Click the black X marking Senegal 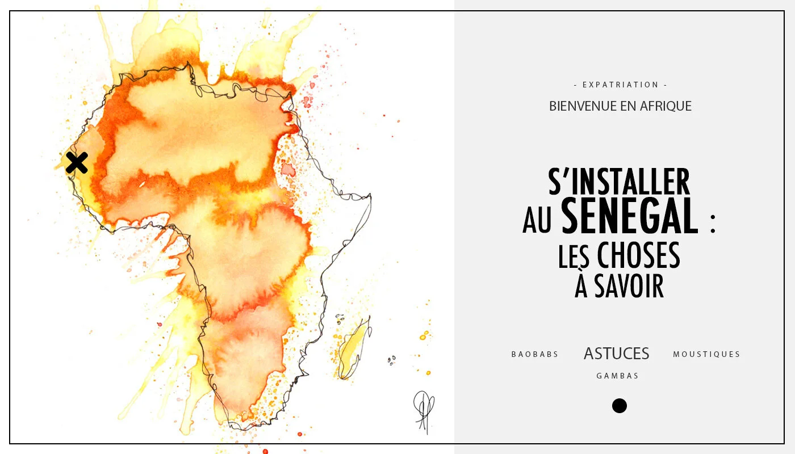tap(77, 163)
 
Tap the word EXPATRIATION tap(621, 85)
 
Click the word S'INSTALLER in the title tap(619, 182)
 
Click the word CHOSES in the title tap(638, 256)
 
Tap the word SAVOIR tap(629, 287)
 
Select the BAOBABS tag tap(535, 355)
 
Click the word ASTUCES tap(616, 354)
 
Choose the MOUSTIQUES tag tap(706, 355)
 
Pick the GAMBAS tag tap(617, 376)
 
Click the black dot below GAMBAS tap(620, 406)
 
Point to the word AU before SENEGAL tap(537, 221)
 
